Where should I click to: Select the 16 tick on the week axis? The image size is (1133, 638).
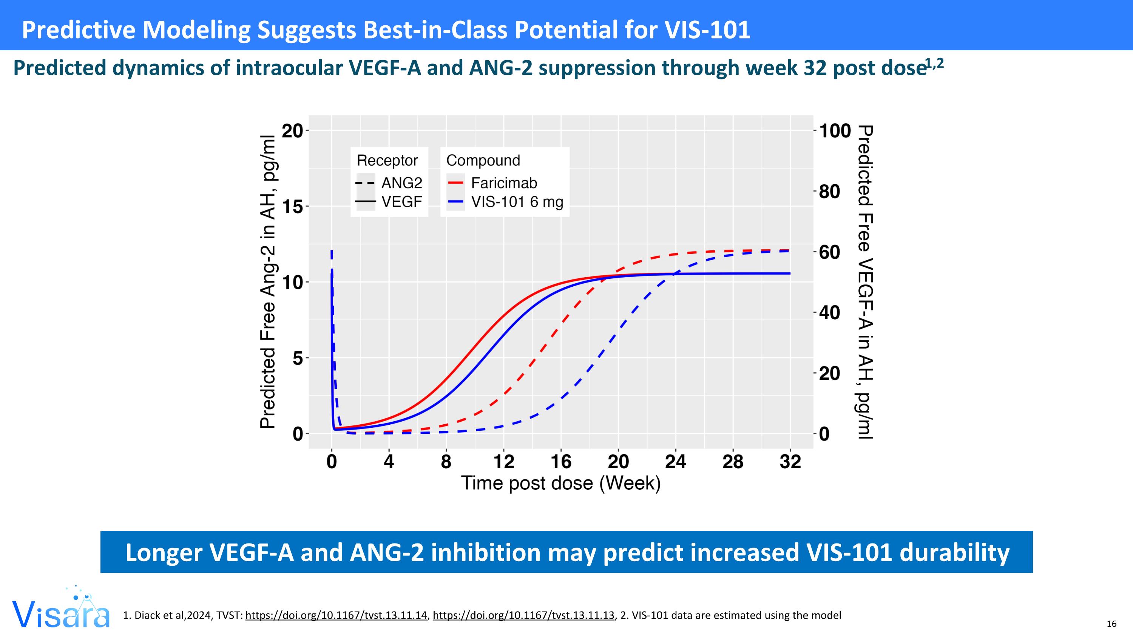click(x=561, y=462)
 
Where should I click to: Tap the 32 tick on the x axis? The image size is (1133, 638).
click(x=790, y=462)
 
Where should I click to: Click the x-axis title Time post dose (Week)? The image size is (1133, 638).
click(x=561, y=483)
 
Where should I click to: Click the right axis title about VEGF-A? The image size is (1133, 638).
click(x=865, y=282)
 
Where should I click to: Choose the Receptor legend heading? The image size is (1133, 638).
click(x=387, y=160)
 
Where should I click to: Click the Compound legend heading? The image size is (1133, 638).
click(x=483, y=160)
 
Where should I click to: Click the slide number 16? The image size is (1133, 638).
click(x=1111, y=624)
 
